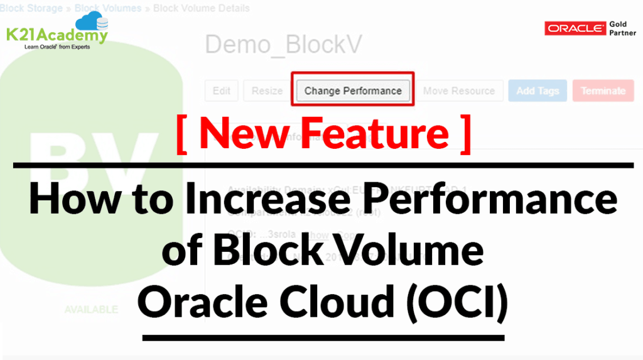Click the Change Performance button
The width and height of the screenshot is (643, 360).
352,90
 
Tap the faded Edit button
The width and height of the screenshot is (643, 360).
221,90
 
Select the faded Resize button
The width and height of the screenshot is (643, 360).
267,90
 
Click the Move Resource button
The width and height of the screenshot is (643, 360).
458,90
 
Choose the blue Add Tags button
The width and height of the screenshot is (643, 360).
537,90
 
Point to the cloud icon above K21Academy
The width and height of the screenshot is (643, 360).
94,22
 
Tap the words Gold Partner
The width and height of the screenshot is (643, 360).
622,28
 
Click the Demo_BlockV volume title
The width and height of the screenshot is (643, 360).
284,45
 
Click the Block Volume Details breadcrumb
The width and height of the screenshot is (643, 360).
201,8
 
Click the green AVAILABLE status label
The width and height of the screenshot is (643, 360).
90,309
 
